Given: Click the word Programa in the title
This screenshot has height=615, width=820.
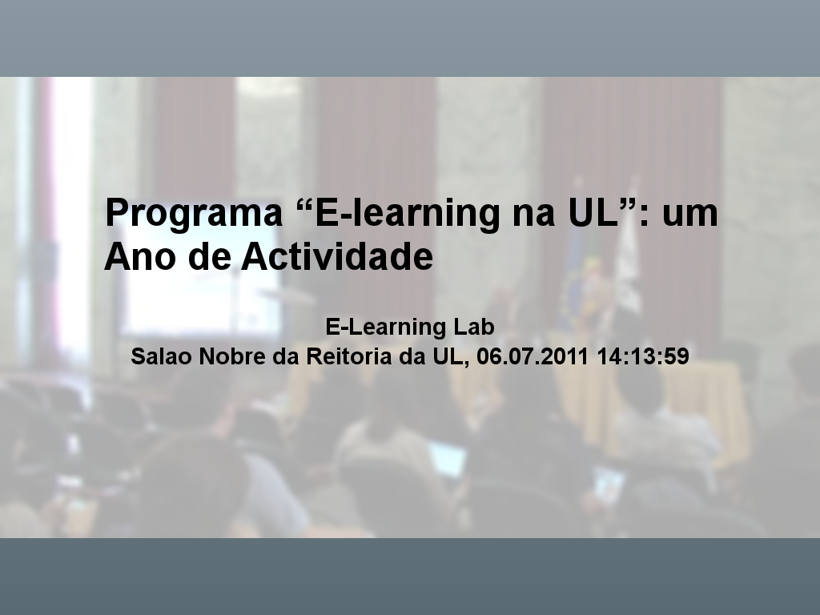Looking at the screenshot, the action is coord(194,213).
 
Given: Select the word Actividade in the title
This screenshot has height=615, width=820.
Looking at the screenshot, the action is coord(337,256).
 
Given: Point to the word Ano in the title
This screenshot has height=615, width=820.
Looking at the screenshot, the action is coord(140,256).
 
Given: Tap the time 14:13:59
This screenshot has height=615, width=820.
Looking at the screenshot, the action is coord(643,356).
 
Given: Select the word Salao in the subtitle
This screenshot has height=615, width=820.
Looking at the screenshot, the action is coord(162,356).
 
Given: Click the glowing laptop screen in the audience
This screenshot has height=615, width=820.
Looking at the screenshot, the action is coord(448,459).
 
